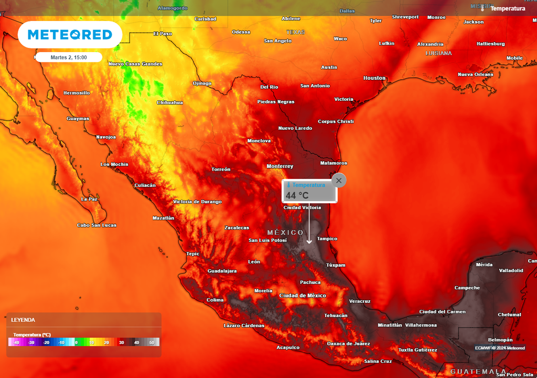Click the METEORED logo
click(x=70, y=35)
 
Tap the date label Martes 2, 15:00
click(x=69, y=57)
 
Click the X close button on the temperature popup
click(x=339, y=181)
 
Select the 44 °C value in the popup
click(x=297, y=195)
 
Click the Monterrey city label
click(x=280, y=166)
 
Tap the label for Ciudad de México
click(x=303, y=296)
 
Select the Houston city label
click(x=374, y=78)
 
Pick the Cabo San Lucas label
click(x=96, y=225)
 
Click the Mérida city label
click(x=484, y=265)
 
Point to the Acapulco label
click(x=288, y=348)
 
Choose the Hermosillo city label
click(x=77, y=93)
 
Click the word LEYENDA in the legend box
click(x=23, y=320)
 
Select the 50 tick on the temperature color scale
click(x=152, y=342)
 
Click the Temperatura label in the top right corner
click(x=507, y=8)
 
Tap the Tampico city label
click(x=327, y=238)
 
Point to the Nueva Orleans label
click(x=476, y=75)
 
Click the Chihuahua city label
click(x=170, y=102)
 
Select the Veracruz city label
click(x=360, y=301)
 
